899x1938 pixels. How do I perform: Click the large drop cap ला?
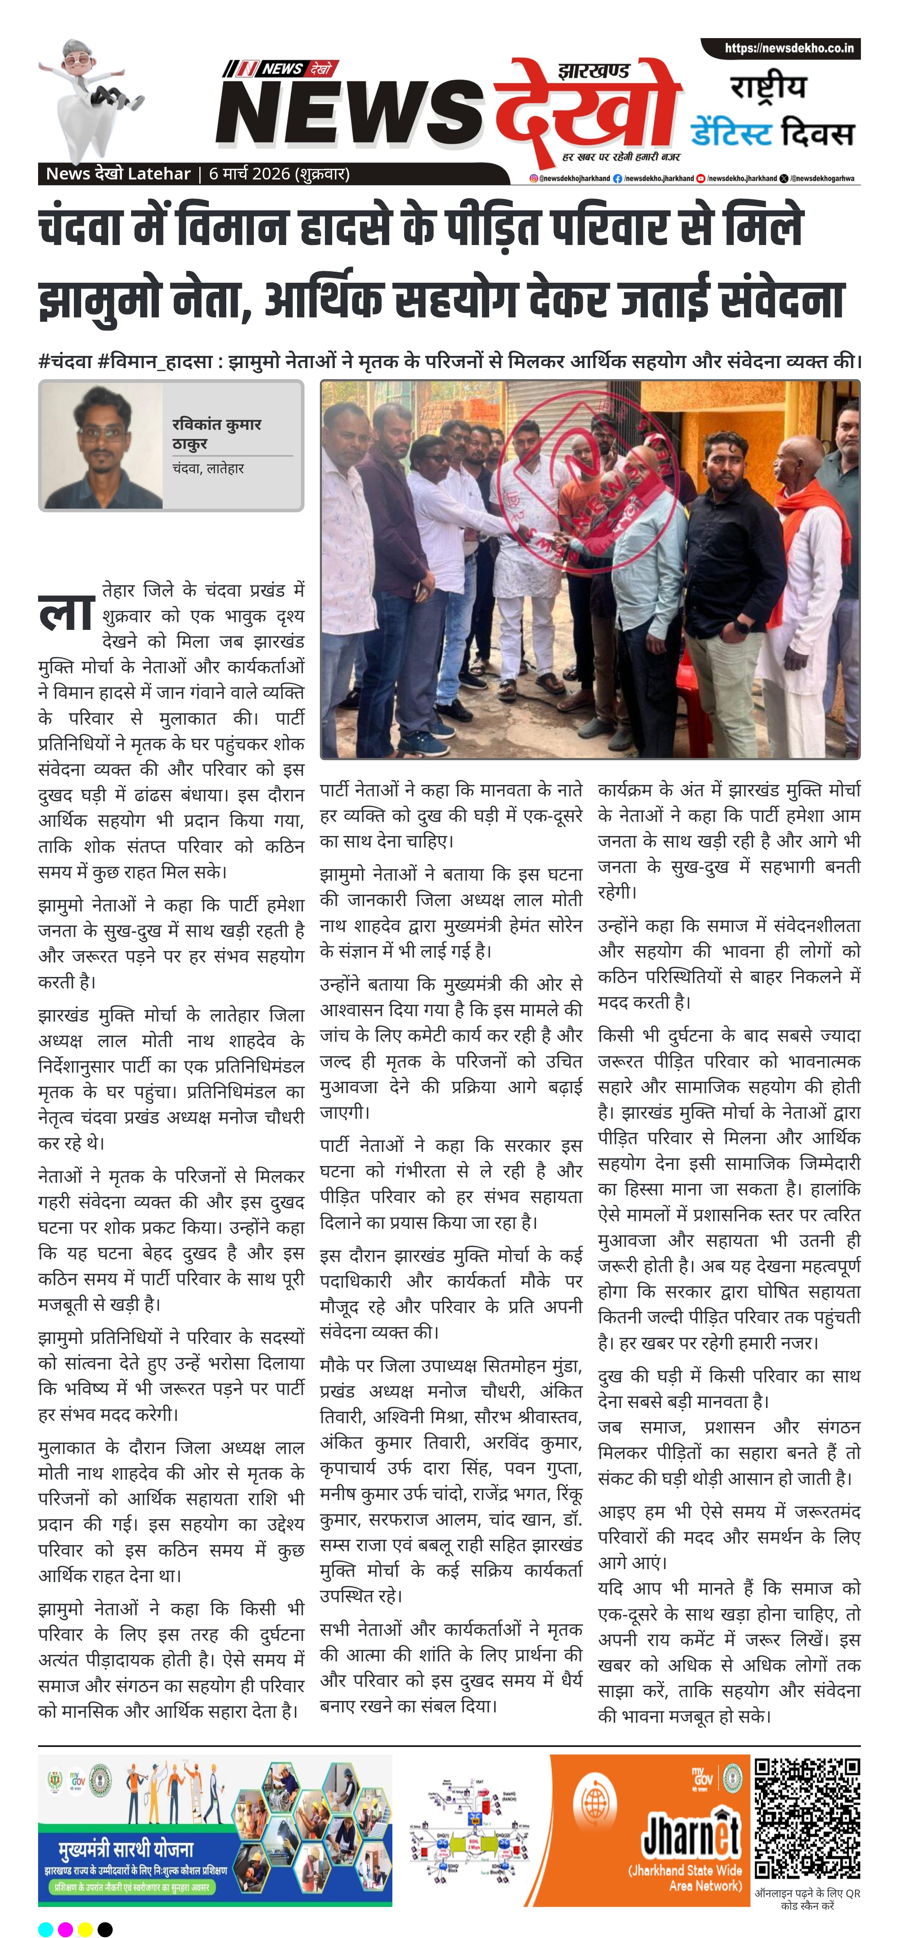click(66, 613)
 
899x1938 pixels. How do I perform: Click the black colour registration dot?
click(105, 1923)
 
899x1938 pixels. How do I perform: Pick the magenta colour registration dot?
click(66, 1923)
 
